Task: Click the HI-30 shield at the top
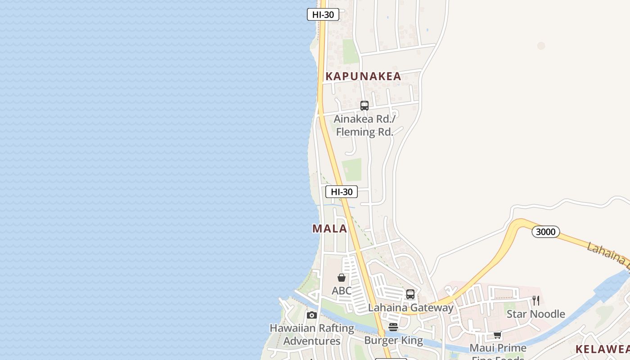point(323,14)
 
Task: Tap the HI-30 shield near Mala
point(342,192)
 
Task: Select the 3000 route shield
point(545,232)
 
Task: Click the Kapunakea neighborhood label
point(363,76)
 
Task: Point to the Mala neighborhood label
point(330,229)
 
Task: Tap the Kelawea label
point(602,349)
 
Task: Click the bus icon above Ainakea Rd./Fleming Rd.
point(364,106)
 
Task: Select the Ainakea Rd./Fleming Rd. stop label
point(364,126)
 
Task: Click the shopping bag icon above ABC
point(342,278)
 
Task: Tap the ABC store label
point(342,291)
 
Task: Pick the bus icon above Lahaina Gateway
point(410,294)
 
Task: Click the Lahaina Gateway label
point(410,308)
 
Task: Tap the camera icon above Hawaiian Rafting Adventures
point(312,315)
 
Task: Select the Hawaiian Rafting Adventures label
point(312,334)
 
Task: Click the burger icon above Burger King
point(393,327)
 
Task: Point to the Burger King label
point(393,340)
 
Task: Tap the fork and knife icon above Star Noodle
point(536,301)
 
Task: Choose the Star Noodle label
point(535,314)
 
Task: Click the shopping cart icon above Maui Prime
point(498,335)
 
